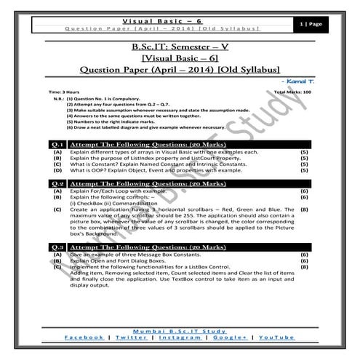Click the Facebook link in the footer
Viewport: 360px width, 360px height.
click(83, 337)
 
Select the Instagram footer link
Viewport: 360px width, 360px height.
click(180, 337)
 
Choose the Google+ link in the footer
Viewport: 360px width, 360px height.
click(232, 337)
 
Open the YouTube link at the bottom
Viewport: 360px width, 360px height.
click(277, 337)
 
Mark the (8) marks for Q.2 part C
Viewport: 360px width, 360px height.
click(304, 209)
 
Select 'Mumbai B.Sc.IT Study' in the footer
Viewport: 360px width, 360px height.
click(180, 329)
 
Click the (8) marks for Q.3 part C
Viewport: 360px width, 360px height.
click(304, 267)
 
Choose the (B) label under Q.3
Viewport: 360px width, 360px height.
click(57, 261)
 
